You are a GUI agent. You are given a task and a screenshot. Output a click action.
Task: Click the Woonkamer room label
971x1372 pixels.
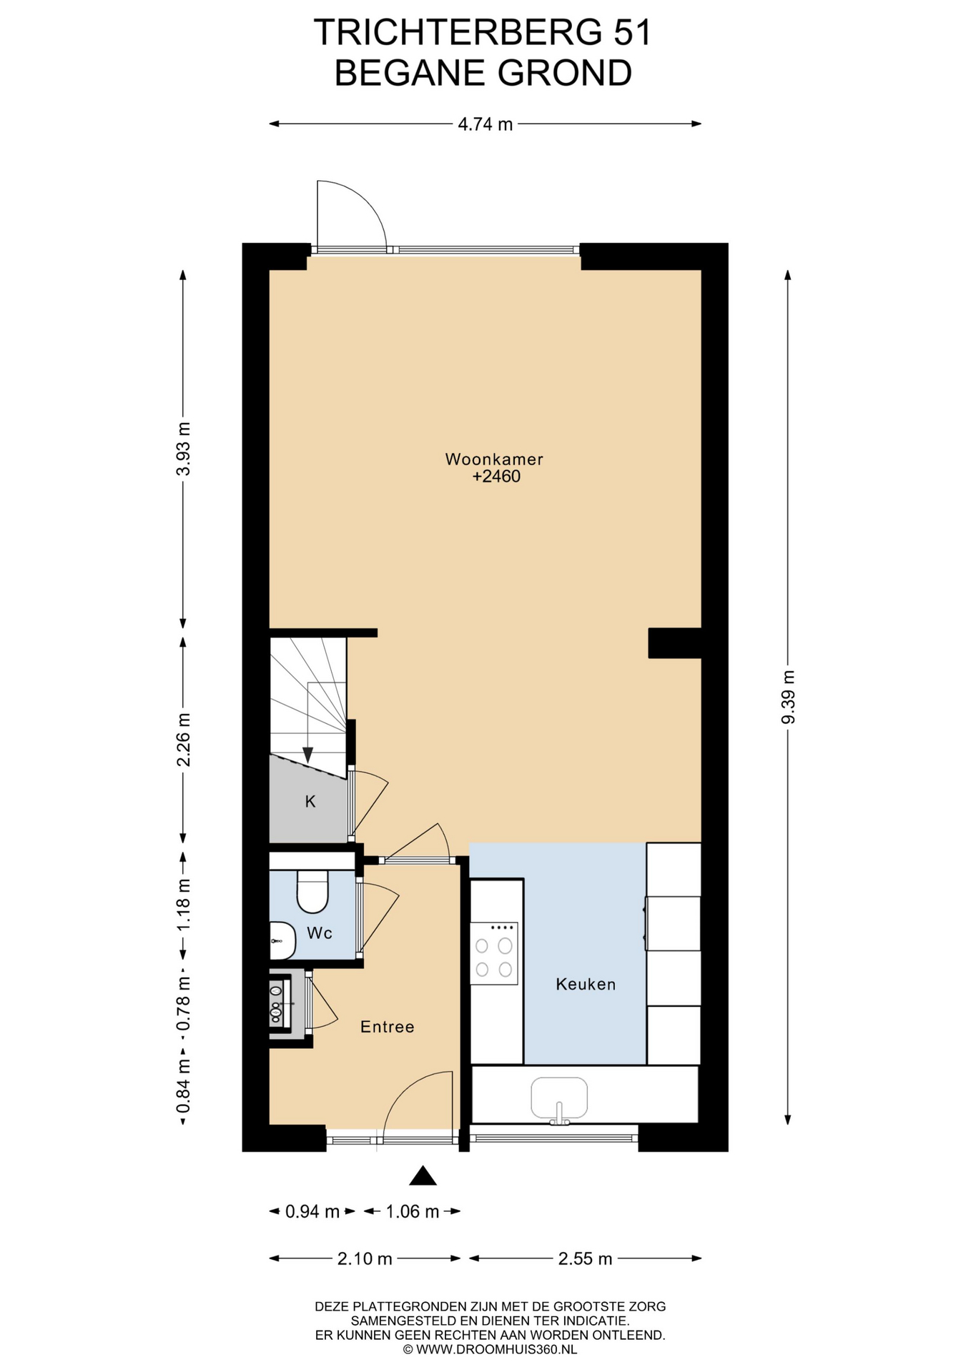494,459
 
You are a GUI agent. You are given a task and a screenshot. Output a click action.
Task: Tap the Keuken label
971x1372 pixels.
586,984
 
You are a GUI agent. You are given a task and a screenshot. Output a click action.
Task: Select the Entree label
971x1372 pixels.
387,1027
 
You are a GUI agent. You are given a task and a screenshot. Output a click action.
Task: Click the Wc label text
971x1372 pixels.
319,933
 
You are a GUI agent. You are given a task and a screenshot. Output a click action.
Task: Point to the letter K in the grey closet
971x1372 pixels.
310,802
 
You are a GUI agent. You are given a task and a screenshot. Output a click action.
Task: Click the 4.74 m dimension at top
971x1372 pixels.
485,124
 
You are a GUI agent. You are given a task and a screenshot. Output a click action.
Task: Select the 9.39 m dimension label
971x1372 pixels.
788,697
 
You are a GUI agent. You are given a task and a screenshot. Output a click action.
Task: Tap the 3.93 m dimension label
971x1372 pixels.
184,449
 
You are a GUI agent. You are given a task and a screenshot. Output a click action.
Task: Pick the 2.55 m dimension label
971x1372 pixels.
585,1258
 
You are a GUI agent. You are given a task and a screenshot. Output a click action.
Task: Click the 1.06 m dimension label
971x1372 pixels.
412,1211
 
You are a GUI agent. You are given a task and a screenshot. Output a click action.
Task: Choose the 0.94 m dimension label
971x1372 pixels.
312,1211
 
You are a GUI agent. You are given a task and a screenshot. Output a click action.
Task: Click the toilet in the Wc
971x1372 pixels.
312,892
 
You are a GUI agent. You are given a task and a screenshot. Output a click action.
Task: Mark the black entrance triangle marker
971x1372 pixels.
423,1175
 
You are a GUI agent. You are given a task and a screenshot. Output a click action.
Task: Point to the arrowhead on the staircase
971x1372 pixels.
307,755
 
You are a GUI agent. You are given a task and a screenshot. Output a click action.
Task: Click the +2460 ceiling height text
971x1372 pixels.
496,477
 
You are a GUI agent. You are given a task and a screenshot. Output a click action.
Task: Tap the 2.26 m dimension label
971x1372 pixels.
184,739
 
